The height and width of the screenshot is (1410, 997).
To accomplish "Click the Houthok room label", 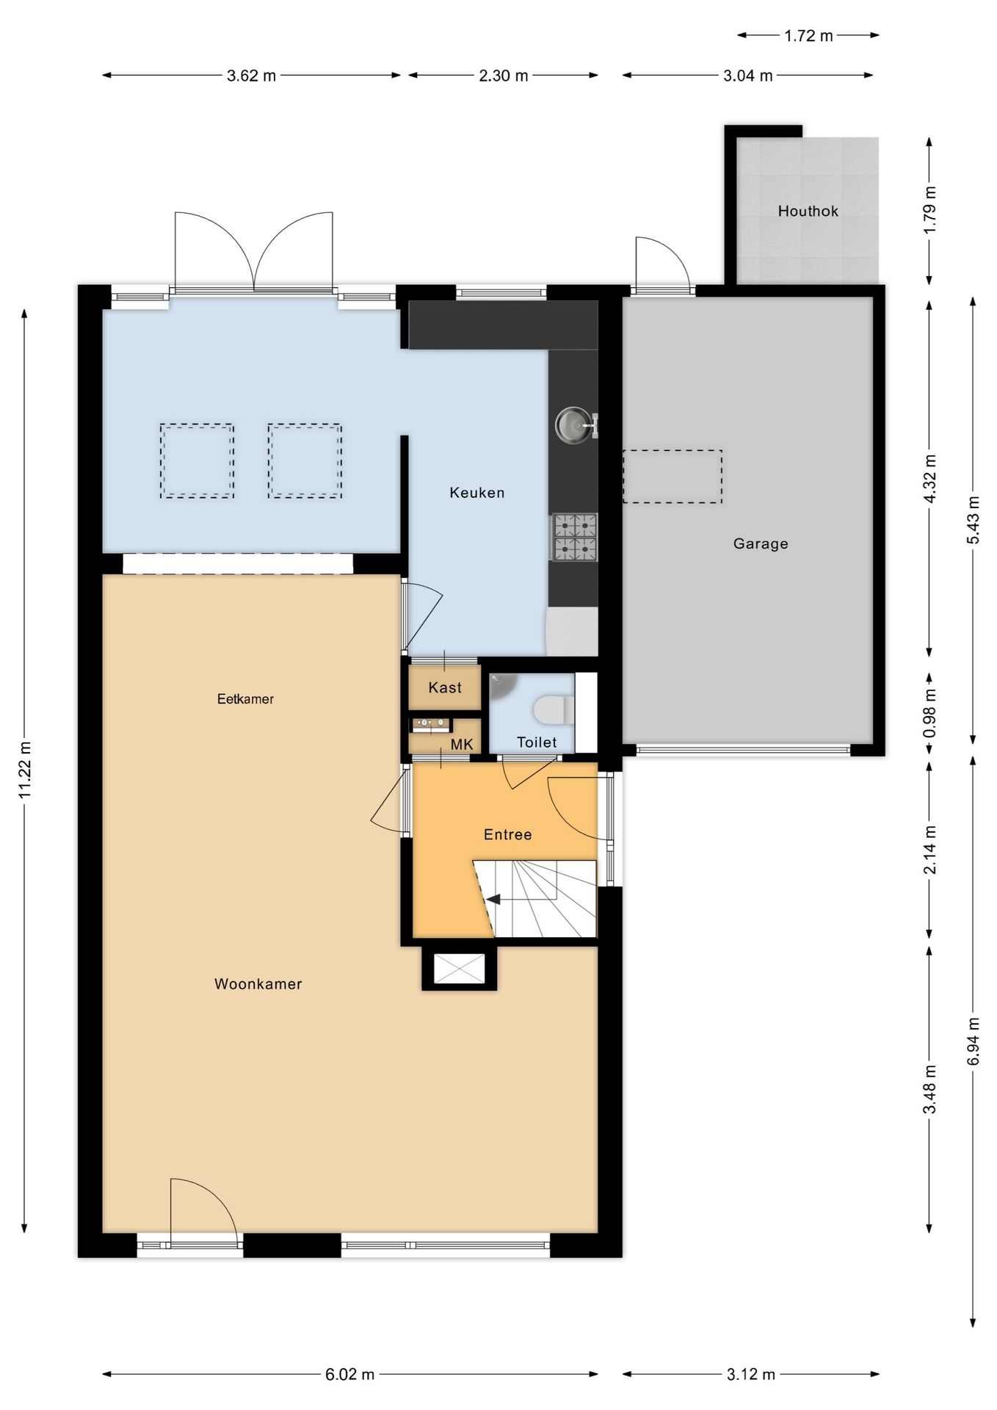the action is coord(808,211).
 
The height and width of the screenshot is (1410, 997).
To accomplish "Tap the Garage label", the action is coord(761,543).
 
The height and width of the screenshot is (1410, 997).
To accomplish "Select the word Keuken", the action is coord(477,493).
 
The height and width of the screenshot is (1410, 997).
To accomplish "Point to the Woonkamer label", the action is coord(258,984).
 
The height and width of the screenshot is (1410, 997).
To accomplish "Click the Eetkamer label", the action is coord(245,699).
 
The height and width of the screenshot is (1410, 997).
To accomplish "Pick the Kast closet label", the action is coord(445,687).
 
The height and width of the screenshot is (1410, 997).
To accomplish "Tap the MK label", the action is coord(462,745).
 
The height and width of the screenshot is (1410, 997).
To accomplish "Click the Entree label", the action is coord(507,834).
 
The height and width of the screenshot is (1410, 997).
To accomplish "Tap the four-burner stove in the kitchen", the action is coord(574,537).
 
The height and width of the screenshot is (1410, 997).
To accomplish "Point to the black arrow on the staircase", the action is coord(493,899).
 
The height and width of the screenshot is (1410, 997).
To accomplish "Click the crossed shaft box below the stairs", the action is coord(460,968).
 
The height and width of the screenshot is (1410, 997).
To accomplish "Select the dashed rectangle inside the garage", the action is coord(672,477).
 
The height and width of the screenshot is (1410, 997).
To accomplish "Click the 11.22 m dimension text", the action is coord(25,770).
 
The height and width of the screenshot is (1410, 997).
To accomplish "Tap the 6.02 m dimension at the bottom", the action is coord(350,1374).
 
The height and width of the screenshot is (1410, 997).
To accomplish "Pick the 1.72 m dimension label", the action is coord(808,36).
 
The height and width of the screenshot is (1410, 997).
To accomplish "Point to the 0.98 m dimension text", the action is coord(930,713).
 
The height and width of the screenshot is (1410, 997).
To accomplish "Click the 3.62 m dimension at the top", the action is coord(251,76).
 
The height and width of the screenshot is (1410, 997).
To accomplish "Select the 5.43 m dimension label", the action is coord(974,520).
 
